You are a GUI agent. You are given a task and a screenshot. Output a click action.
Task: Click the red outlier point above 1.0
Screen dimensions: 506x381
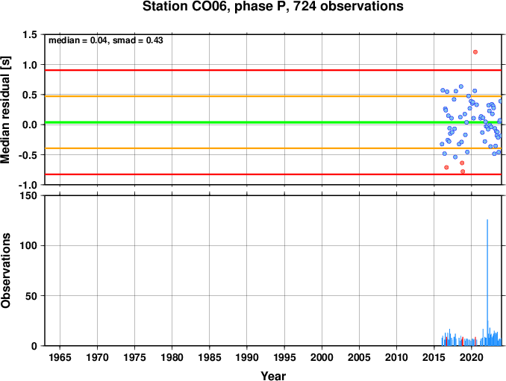475,52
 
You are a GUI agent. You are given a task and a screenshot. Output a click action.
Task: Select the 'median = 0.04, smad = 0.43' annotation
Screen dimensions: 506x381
106,40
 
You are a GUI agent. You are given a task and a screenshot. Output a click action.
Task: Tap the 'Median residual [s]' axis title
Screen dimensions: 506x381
6,110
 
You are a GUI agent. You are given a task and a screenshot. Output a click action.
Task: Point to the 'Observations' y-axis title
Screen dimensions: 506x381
6,271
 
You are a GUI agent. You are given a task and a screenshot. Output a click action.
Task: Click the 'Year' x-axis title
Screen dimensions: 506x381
273,376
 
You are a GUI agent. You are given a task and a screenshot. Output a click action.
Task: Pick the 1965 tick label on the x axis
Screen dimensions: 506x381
60,357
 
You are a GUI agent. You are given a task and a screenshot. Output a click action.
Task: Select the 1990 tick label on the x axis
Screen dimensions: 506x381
247,357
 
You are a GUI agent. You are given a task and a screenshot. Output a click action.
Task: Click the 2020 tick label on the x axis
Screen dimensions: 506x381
471,357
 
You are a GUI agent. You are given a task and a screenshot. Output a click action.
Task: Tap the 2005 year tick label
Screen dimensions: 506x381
359,357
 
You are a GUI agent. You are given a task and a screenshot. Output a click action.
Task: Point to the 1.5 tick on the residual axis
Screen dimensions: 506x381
30,34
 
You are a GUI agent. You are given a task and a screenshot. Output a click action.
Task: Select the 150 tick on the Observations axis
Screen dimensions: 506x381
28,195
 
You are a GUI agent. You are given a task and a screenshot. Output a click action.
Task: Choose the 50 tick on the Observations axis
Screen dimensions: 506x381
31,296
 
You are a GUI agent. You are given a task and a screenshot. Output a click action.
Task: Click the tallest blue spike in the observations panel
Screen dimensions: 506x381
487,283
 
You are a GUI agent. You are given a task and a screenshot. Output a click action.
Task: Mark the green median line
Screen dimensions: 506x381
273,122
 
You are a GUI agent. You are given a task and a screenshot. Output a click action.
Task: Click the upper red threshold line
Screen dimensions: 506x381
273,70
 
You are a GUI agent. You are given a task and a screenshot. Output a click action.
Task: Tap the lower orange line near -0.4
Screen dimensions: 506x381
273,148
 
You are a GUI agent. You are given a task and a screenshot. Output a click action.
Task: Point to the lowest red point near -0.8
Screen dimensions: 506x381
463,171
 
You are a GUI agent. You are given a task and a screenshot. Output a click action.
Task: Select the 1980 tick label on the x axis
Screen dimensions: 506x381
172,357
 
